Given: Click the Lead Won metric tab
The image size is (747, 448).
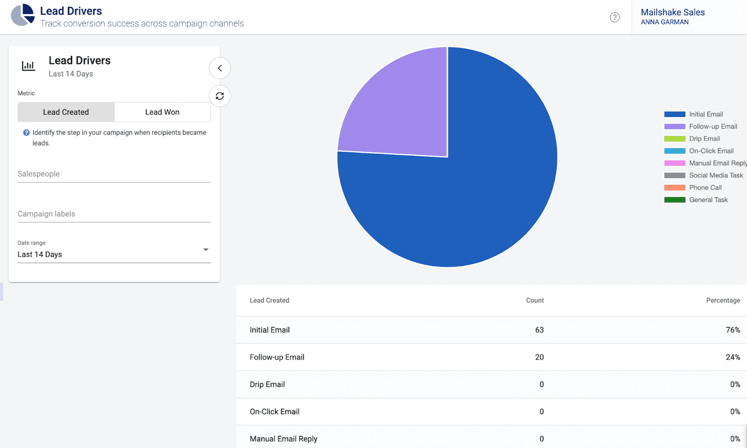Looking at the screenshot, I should point(162,112).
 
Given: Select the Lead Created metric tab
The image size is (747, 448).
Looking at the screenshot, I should point(66,112).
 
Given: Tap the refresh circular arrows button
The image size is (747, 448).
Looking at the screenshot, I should point(220,96).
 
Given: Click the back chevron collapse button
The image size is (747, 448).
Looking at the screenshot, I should point(220,68).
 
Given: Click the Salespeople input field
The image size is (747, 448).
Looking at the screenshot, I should point(114,174).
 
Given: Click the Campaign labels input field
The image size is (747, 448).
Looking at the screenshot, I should point(114,214).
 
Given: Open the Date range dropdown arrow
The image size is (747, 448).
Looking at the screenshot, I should point(206,250).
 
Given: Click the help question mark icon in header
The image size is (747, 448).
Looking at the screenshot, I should point(615,17).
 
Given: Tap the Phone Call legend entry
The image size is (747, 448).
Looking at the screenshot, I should point(705,188).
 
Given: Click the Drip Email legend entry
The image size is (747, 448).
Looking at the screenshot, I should point(704,139).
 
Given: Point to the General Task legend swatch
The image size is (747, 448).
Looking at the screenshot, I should point(675,200).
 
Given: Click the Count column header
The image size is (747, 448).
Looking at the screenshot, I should point(534,300).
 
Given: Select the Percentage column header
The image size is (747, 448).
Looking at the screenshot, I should point(723,300).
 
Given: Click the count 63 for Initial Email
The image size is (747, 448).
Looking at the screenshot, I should point(539,330).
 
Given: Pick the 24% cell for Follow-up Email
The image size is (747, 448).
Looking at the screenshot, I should point(732,357).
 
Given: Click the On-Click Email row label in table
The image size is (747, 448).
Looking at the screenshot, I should point(274,412).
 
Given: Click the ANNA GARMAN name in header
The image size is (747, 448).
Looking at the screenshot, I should point(665,22).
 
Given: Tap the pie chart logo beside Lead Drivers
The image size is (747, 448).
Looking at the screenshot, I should point(22,15).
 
